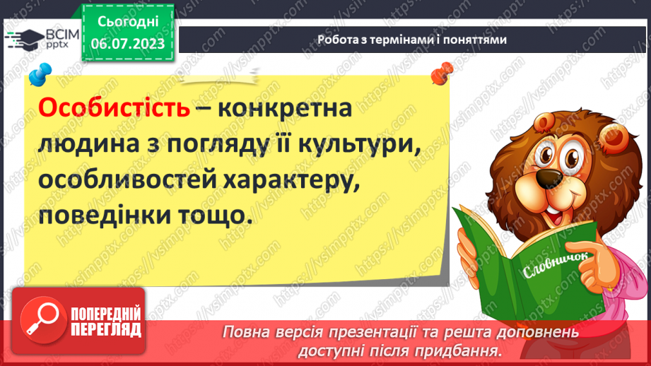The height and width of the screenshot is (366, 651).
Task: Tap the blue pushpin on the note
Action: (x=40, y=73)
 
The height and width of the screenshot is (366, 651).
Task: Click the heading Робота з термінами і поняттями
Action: (x=411, y=40)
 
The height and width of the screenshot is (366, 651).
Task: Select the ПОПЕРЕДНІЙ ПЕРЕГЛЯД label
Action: (x=106, y=320)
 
